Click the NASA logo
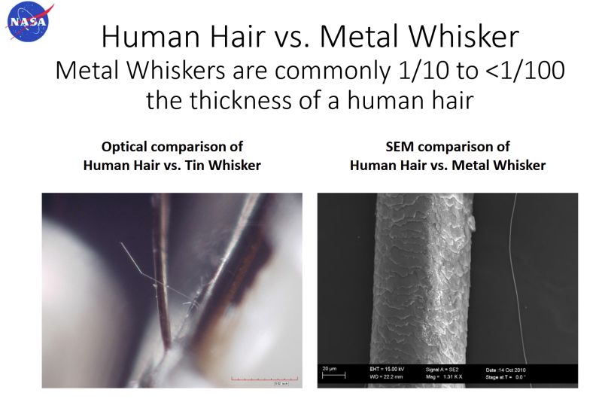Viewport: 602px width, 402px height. click(27, 22)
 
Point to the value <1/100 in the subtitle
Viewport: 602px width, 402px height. click(517, 72)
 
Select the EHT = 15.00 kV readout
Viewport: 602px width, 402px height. click(385, 370)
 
